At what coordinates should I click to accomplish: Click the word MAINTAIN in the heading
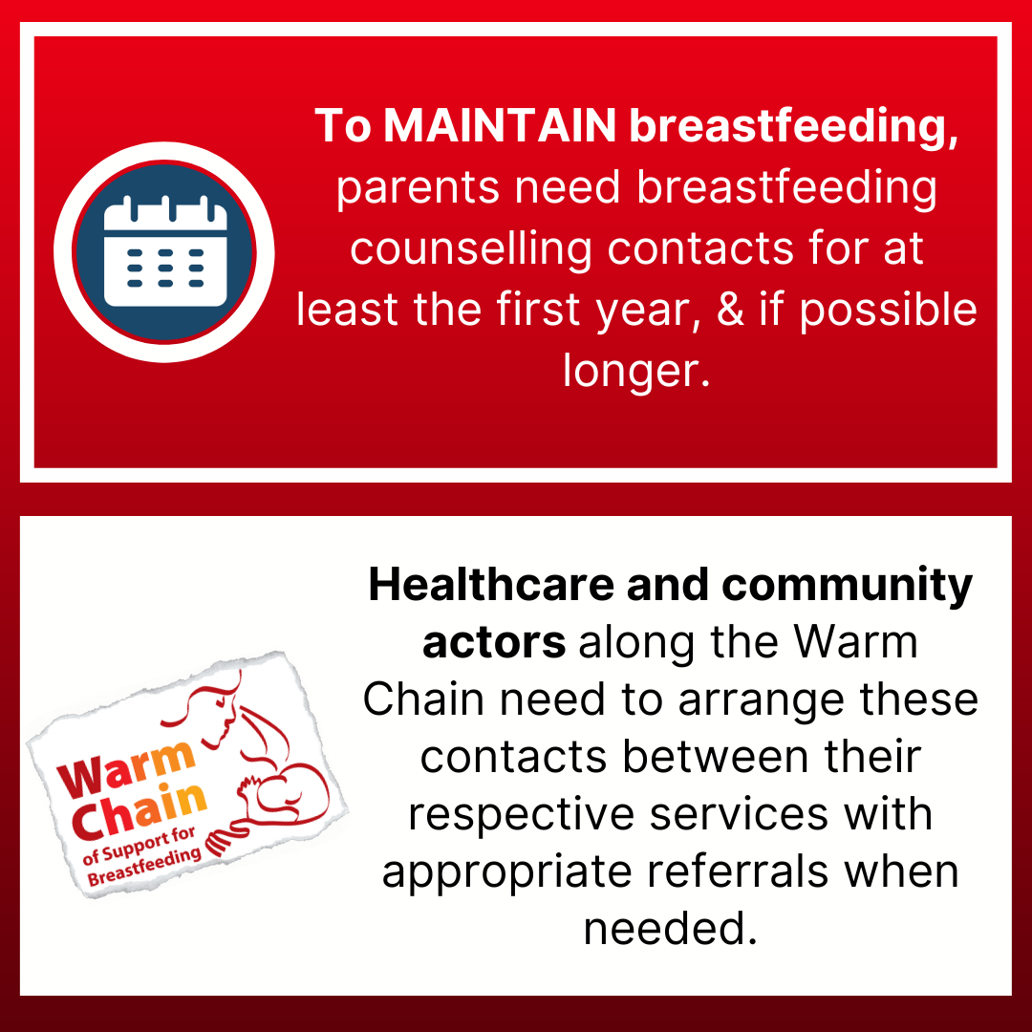pos(500,125)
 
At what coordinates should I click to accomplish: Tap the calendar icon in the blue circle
pos(165,251)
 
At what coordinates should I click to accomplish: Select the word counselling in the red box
pos(470,250)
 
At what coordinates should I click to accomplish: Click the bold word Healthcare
pos(491,585)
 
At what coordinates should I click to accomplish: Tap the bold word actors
pos(494,643)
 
